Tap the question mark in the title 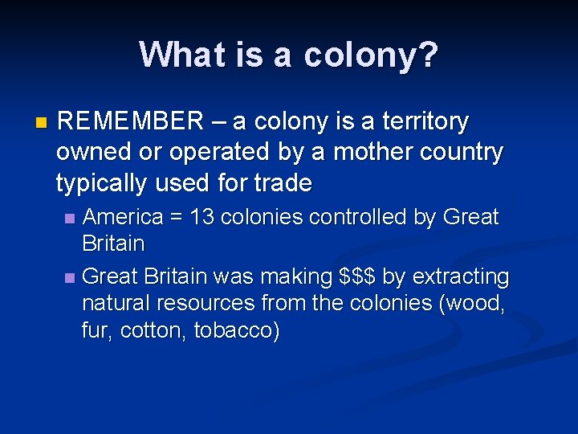tap(429, 55)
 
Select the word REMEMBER tap(131, 122)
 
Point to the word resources tap(210, 304)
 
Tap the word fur tap(96, 331)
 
